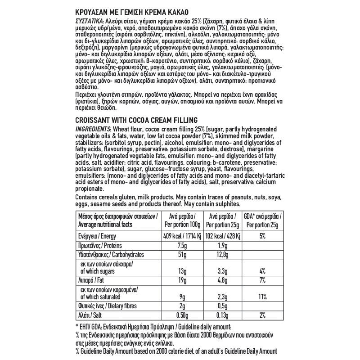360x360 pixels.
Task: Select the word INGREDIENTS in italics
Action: point(92,130)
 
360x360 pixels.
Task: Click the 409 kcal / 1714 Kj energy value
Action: point(182,237)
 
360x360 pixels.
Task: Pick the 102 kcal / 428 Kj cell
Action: point(223,237)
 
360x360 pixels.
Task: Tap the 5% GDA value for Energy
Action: point(262,237)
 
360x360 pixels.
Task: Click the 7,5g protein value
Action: point(182,247)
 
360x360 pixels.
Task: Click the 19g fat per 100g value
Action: point(182,281)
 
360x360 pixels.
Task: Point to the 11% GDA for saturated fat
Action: point(262,297)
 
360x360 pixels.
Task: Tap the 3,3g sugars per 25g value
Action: point(223,271)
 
